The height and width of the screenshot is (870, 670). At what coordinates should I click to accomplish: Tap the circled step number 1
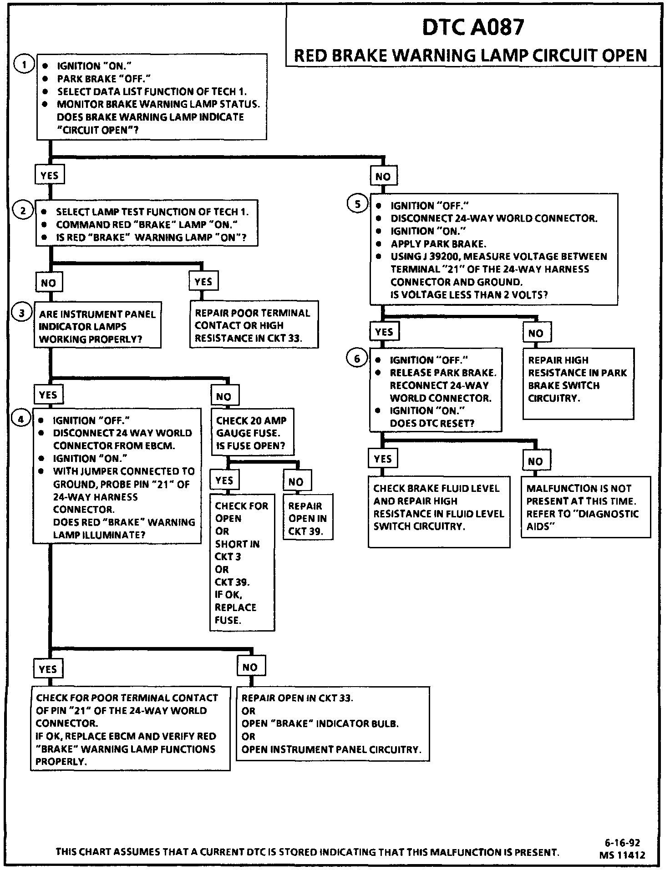click(23, 64)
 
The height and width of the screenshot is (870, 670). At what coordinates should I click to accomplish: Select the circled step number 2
click(23, 210)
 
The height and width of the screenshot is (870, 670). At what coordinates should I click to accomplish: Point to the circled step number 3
click(22, 313)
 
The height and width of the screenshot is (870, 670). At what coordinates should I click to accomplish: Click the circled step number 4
click(21, 418)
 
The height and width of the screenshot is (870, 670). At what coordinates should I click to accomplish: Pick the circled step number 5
click(357, 204)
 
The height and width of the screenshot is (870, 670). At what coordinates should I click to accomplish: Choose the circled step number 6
click(357, 359)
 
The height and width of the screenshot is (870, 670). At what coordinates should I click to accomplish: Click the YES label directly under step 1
click(50, 176)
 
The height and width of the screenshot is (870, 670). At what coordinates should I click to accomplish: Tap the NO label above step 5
click(383, 177)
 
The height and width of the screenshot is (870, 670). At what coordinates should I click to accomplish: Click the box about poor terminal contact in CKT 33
click(254, 325)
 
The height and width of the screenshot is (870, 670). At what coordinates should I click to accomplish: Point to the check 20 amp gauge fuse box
click(252, 433)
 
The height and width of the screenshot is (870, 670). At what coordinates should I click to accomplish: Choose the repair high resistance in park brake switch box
click(578, 383)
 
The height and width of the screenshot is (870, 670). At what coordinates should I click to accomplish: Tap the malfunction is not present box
click(585, 507)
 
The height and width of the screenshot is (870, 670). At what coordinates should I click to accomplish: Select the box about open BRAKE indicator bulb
click(333, 723)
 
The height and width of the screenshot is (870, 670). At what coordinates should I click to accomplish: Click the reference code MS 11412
click(622, 855)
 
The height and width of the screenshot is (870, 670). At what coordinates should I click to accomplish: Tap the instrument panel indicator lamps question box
click(97, 326)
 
